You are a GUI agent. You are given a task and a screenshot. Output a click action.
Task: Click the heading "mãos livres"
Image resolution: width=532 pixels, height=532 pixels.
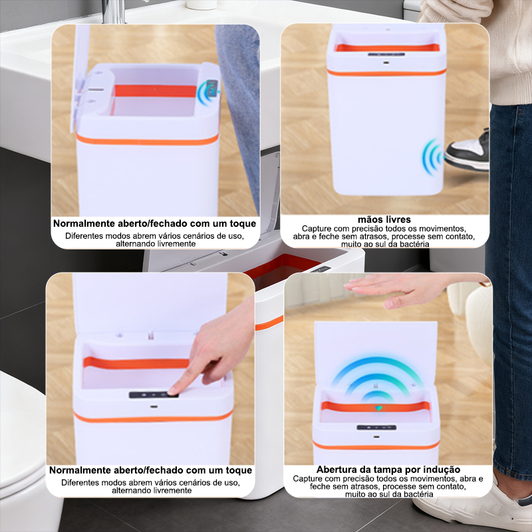tap(384, 219)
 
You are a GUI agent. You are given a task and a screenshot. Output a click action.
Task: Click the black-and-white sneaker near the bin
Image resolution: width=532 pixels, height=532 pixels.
tap(467, 150)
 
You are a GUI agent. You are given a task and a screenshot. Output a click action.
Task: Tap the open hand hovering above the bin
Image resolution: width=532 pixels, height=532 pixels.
tap(397, 289)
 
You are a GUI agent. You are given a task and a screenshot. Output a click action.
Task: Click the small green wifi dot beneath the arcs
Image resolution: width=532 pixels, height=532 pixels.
tap(378, 408)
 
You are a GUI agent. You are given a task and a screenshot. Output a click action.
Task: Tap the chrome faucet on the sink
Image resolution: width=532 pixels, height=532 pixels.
tap(114, 11)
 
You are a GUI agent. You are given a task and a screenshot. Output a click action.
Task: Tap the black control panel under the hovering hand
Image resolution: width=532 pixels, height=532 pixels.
tap(376, 427)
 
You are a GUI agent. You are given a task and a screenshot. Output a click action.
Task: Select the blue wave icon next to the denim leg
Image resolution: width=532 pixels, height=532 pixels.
tap(207, 92)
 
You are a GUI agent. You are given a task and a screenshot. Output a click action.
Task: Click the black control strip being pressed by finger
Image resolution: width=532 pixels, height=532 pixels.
tap(154, 394)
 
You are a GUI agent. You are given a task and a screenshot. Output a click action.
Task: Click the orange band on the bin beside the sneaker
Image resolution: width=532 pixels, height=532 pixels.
tap(386, 72)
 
